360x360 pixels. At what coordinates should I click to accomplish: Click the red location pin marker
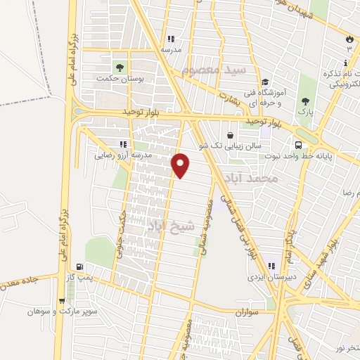pyautogui.click(x=181, y=165)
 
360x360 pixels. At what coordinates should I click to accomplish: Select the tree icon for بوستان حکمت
pyautogui.click(x=120, y=67)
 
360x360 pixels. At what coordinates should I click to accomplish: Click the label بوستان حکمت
pyautogui.click(x=120, y=80)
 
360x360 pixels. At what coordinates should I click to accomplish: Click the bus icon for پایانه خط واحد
pyautogui.click(x=299, y=145)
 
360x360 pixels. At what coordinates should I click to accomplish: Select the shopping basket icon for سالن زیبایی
pyautogui.click(x=231, y=136)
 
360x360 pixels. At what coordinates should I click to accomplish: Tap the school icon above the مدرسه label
pyautogui.click(x=170, y=39)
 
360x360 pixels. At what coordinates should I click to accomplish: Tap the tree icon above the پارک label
pyautogui.click(x=305, y=101)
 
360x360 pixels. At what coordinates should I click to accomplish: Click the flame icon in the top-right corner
pyautogui.click(x=349, y=39)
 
